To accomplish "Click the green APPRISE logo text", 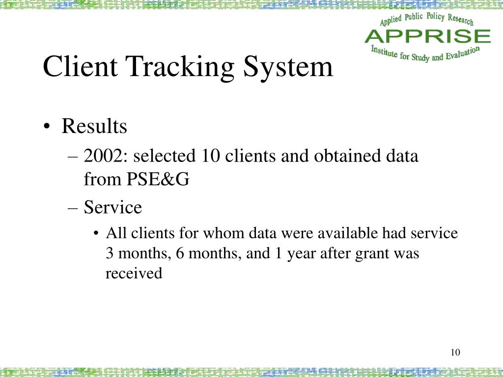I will click(x=427, y=36).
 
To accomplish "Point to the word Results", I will click(x=94, y=127).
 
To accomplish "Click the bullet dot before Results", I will click(x=47, y=127).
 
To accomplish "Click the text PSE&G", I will click(x=158, y=180).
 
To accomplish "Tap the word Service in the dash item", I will click(x=113, y=207).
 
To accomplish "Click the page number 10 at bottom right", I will click(x=455, y=352).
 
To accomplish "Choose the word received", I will click(x=134, y=273).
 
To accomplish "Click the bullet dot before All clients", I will click(x=96, y=233).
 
